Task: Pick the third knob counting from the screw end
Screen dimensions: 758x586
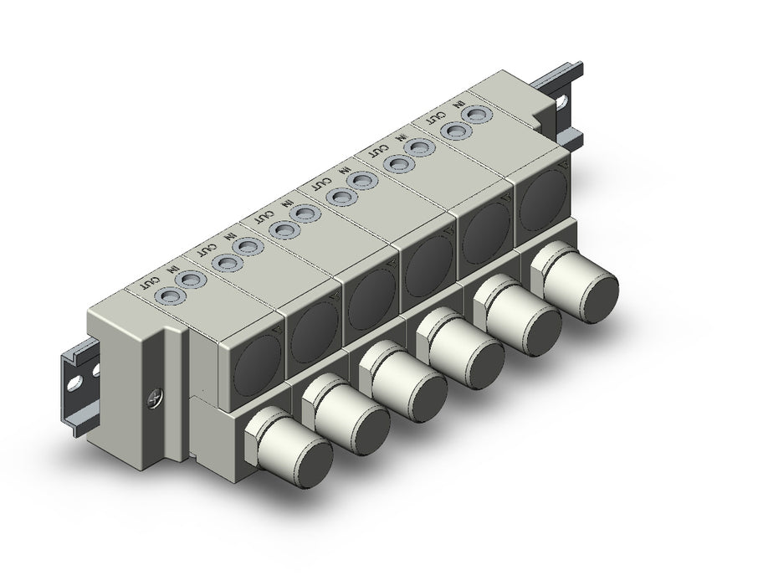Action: click(403, 379)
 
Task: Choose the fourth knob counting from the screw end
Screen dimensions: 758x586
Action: click(461, 347)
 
